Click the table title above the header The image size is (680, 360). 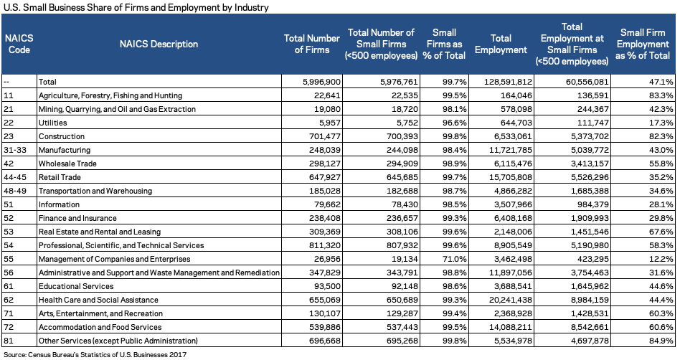pyautogui.click(x=136, y=7)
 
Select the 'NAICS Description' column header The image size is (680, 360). pyautogui.click(x=159, y=44)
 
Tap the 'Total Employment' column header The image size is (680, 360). pyautogui.click(x=501, y=44)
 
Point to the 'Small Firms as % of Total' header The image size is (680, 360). pyautogui.click(x=444, y=44)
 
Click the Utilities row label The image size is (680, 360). pyautogui.click(x=53, y=123)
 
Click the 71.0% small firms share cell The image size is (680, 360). pyautogui.click(x=455, y=259)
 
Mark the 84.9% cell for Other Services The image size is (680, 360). pyautogui.click(x=661, y=341)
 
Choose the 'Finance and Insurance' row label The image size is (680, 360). pyautogui.click(x=77, y=218)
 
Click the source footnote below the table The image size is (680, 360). pyautogui.click(x=95, y=354)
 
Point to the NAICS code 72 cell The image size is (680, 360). pyautogui.click(x=9, y=327)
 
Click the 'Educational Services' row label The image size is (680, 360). pyautogui.click(x=76, y=286)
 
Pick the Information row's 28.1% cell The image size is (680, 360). pyautogui.click(x=661, y=204)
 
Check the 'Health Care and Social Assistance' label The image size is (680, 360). pyautogui.click(x=98, y=300)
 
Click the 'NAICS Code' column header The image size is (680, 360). pyautogui.click(x=19, y=44)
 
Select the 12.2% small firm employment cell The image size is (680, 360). pyautogui.click(x=661, y=259)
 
